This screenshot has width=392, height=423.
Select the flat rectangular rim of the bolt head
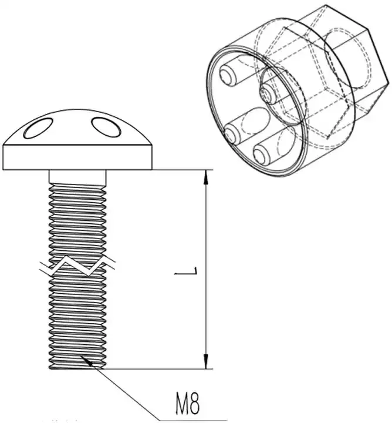pos(77,156)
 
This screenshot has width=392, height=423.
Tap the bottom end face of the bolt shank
pos(78,367)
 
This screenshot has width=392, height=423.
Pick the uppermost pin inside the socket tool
pos(229,74)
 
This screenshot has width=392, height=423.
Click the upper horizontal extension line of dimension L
pos(176,170)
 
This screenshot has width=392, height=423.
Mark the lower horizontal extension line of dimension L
pos(176,369)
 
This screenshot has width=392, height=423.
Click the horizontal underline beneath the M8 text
pos(194,419)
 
